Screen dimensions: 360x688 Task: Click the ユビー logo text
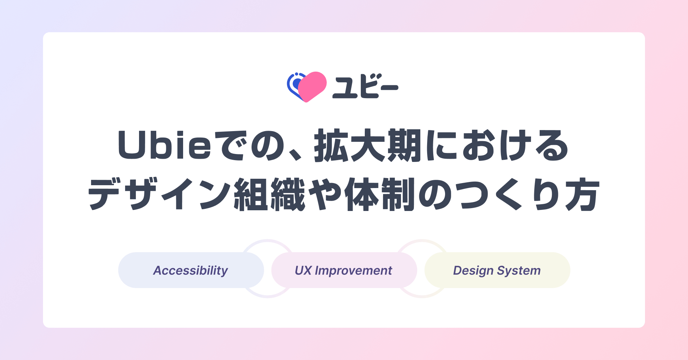(x=365, y=86)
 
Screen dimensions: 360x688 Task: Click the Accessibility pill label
(x=191, y=270)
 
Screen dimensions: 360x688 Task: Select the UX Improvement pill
(x=344, y=270)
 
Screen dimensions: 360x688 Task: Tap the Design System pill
(x=497, y=270)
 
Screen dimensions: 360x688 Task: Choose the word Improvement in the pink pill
(x=353, y=270)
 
